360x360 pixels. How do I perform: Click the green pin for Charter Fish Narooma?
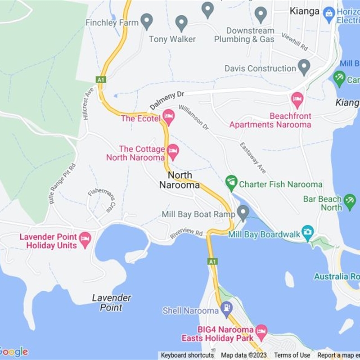click(x=231, y=182)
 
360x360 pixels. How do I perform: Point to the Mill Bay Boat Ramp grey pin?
click(x=243, y=212)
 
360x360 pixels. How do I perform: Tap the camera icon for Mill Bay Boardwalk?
click(x=307, y=232)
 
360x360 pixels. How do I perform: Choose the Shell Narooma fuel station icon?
click(x=227, y=309)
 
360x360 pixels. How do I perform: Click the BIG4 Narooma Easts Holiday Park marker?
click(x=261, y=332)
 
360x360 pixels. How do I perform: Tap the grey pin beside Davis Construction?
click(x=304, y=67)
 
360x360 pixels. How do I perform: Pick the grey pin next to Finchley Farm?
click(x=147, y=21)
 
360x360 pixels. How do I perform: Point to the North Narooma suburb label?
click(x=180, y=180)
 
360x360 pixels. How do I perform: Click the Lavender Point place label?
click(x=112, y=302)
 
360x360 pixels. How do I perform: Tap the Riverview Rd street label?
click(x=187, y=234)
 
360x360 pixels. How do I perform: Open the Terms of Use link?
click(x=292, y=355)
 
